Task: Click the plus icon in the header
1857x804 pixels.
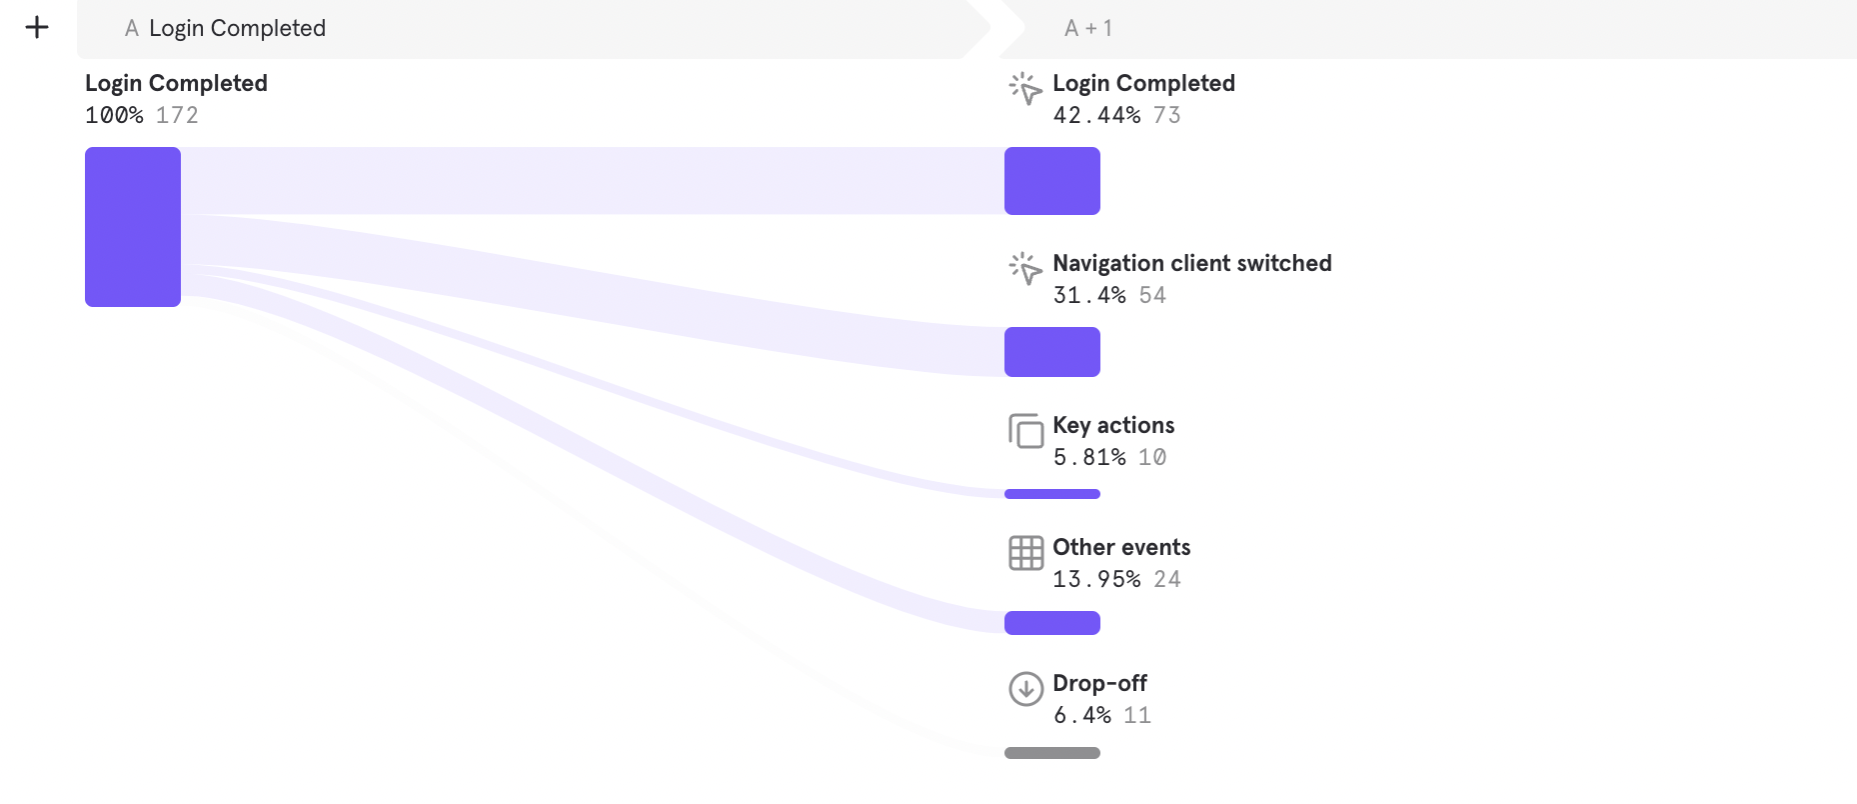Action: pos(37,27)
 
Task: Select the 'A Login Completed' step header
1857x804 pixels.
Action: pos(226,28)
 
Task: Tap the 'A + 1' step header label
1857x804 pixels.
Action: pos(1088,28)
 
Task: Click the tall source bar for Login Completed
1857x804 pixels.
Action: pos(133,227)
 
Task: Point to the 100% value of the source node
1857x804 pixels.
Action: pos(114,115)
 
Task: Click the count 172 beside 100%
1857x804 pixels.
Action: pos(177,115)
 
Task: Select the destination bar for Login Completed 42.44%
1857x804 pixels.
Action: pos(1051,181)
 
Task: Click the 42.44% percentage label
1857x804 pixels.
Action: pos(1096,115)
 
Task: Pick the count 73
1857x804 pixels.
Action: pos(1166,115)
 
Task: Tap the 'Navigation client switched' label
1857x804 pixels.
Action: pos(1191,263)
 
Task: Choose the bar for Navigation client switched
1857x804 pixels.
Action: pos(1051,352)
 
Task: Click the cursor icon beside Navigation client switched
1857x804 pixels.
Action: pos(1025,269)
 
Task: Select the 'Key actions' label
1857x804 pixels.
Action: pos(1113,425)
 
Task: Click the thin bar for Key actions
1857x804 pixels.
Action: pos(1051,494)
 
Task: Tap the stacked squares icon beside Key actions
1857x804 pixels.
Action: pos(1025,431)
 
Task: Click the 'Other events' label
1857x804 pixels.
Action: pos(1121,547)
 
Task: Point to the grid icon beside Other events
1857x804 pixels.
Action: pos(1025,553)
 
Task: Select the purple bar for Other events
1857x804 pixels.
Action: pos(1051,623)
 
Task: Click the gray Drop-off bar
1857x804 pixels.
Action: pos(1051,753)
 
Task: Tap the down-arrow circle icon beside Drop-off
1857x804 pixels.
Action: pos(1025,689)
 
